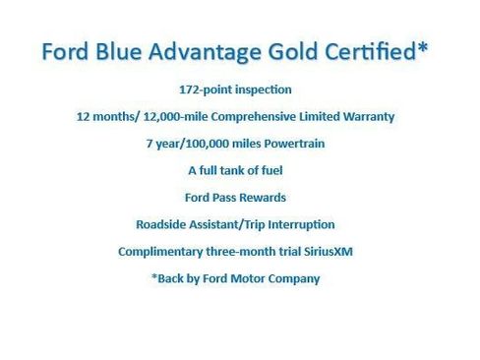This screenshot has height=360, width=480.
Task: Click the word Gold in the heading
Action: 293,51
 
